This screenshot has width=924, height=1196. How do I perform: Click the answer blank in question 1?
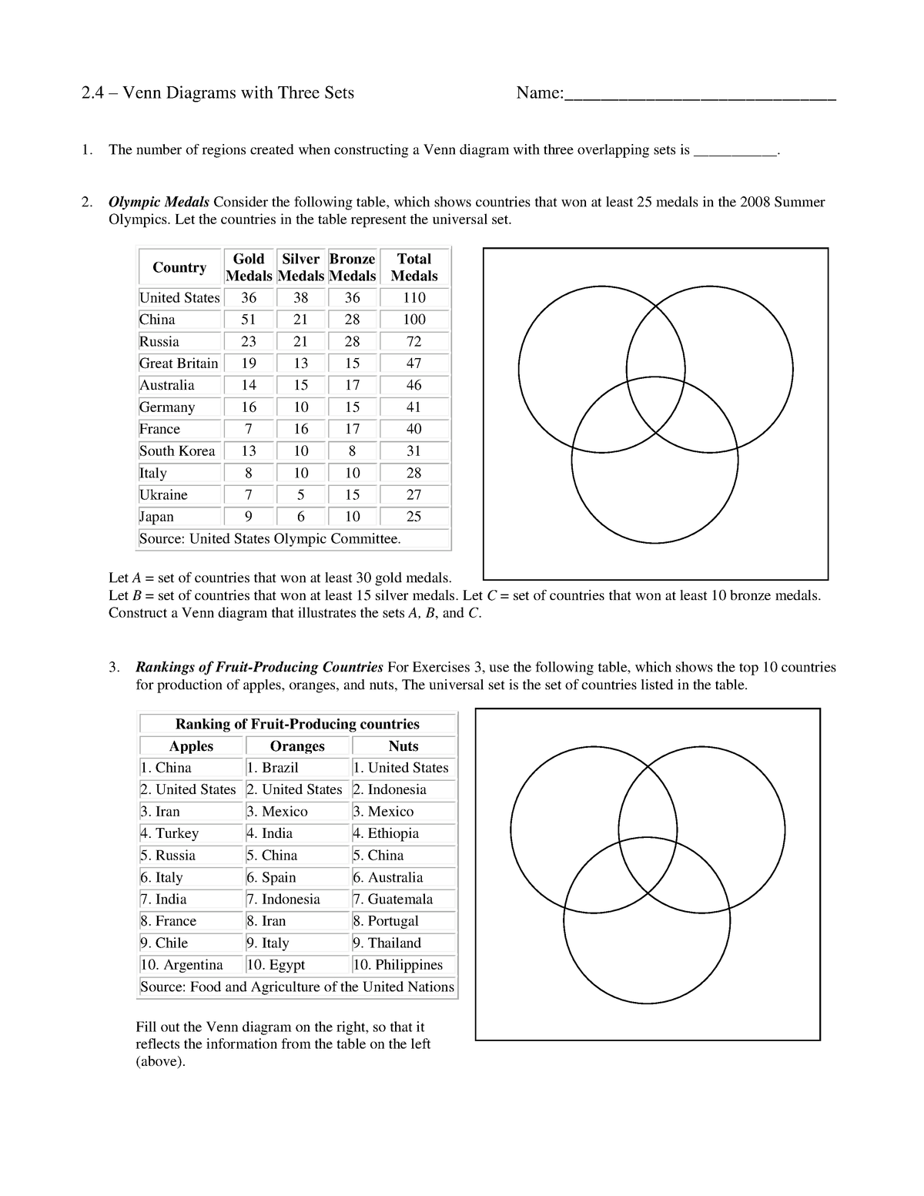(x=735, y=151)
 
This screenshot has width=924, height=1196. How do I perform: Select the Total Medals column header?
(x=413, y=267)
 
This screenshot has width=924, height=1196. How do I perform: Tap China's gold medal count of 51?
(x=249, y=320)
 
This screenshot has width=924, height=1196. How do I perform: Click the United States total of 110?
(x=413, y=298)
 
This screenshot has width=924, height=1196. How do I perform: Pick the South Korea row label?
(x=177, y=451)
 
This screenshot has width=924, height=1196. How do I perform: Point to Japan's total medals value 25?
(x=413, y=517)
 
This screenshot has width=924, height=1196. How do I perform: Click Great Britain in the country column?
(x=179, y=363)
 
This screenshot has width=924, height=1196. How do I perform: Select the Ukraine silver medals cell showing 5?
(x=301, y=495)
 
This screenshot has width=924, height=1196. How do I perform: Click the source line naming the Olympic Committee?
(x=270, y=539)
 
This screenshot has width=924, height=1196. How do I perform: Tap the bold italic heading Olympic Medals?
(x=159, y=203)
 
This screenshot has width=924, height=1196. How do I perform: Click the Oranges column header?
(x=297, y=746)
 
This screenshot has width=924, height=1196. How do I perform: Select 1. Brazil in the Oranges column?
(x=273, y=768)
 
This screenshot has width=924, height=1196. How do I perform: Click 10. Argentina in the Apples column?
(x=182, y=965)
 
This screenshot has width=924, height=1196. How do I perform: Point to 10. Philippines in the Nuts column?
(x=398, y=965)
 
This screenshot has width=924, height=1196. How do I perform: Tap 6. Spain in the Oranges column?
(x=271, y=877)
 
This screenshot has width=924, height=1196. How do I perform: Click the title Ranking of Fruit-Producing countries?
(x=297, y=724)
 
